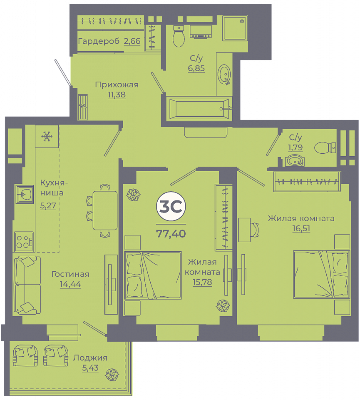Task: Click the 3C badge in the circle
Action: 171,206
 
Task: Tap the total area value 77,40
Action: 171,234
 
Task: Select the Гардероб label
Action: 99,41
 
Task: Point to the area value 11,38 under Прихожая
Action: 117,95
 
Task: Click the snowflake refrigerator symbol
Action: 47,137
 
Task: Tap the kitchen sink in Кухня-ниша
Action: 25,195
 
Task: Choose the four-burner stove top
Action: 24,242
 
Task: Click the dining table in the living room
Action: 105,210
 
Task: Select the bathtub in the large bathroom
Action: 199,109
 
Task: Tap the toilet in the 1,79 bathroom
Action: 325,147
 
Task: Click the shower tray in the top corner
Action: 235,28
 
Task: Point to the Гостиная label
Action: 70,274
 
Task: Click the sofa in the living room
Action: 27,285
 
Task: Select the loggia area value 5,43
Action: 90,368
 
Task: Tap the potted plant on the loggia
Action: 112,375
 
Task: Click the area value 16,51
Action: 301,228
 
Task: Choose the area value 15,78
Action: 202,282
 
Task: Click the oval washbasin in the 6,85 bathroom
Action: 224,74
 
